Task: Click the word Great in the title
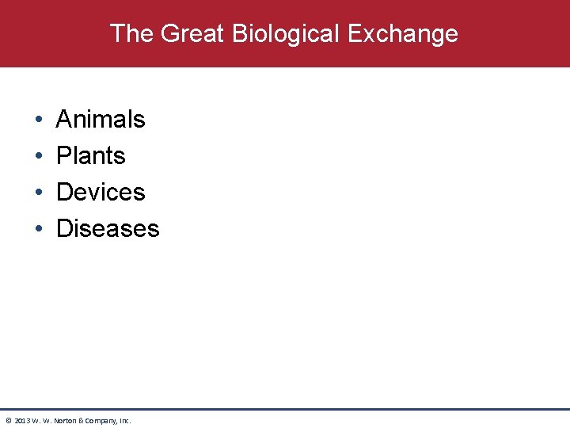pos(188,33)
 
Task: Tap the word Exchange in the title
pos(402,33)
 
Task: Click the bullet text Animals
pos(101,119)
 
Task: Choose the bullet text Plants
pos(91,155)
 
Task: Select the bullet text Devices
pos(101,192)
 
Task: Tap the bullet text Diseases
pos(108,228)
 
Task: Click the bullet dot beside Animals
pos(39,120)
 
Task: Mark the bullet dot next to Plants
pos(39,156)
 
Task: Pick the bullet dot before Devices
pos(39,193)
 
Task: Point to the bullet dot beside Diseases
pos(39,229)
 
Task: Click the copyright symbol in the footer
pos(8,420)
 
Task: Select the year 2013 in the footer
pos(21,420)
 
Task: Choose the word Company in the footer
pos(102,420)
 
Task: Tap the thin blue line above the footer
pos(285,409)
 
